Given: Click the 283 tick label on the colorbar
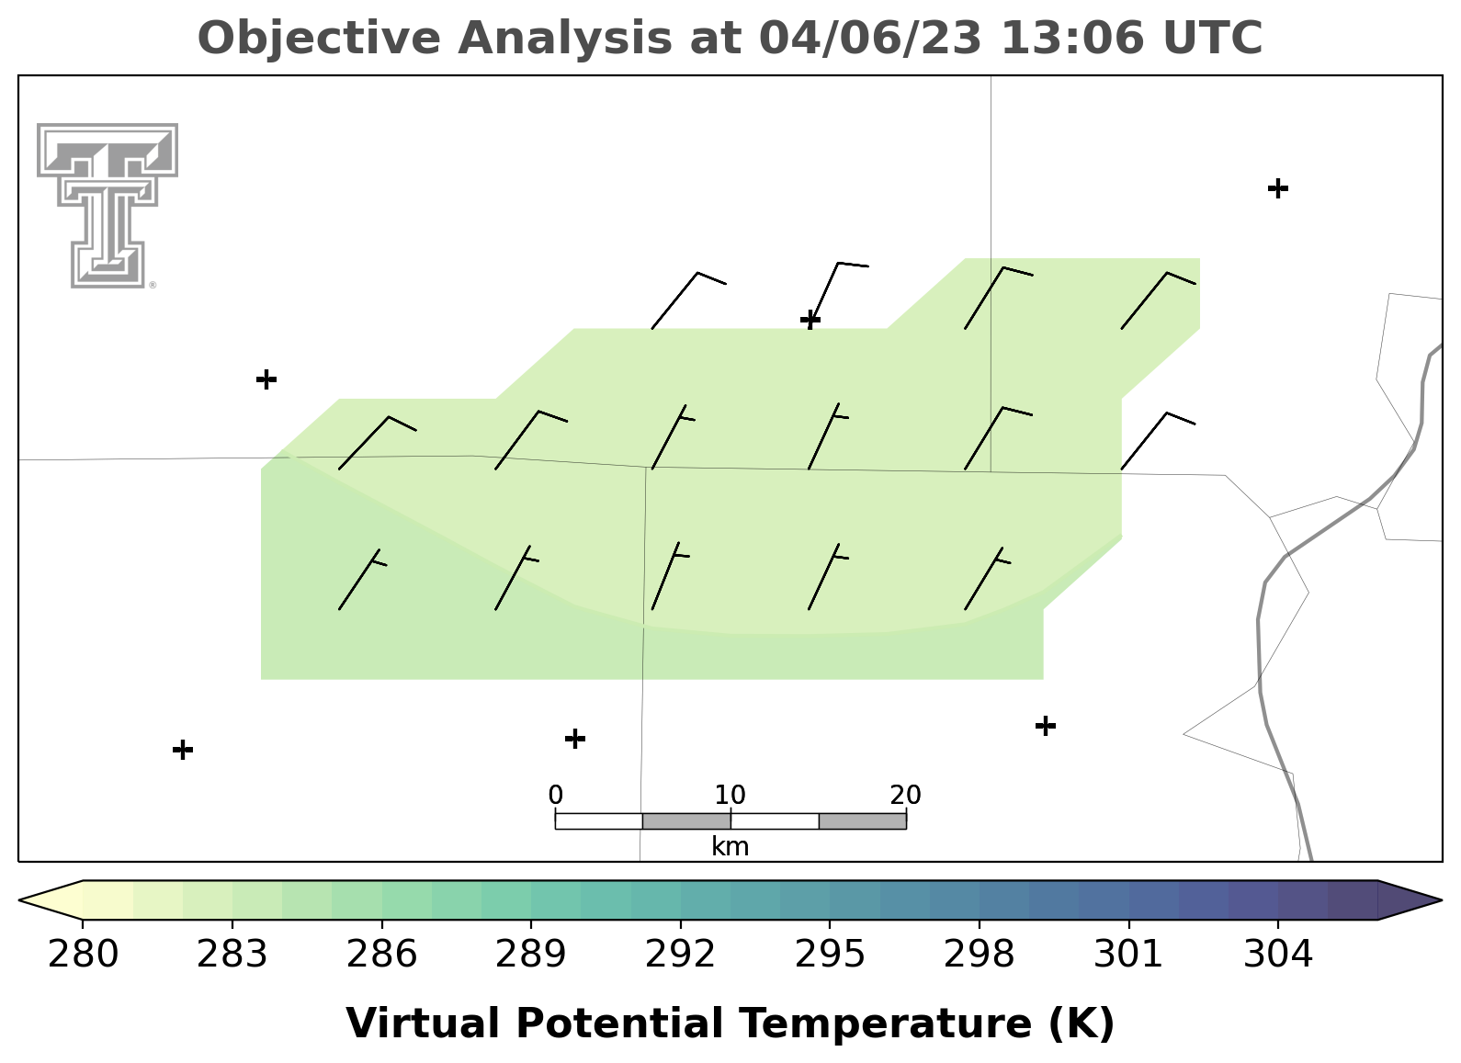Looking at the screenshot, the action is point(232,955).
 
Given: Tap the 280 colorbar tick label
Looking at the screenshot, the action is point(83,955).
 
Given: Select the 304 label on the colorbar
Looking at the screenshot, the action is point(1278,955).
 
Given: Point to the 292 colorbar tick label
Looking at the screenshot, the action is point(680,955).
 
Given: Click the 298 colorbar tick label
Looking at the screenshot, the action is point(979,955).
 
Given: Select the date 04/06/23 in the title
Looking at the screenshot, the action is point(870,38).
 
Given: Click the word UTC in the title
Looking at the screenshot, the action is point(1213,38).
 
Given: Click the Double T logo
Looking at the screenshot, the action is point(108,206).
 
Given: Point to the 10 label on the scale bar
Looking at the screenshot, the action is point(730,795).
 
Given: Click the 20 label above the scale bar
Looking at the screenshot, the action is point(905,795).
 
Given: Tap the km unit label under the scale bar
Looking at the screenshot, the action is point(730,846).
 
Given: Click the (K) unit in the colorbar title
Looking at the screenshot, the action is point(1082,1023).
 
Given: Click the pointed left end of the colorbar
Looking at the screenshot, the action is point(19,900).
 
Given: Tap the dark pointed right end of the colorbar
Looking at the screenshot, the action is point(1441,900).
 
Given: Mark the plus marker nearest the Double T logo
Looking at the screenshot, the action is point(266,379).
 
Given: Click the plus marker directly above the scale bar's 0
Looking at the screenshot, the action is point(574,739).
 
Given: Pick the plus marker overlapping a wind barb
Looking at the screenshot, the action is point(810,320).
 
